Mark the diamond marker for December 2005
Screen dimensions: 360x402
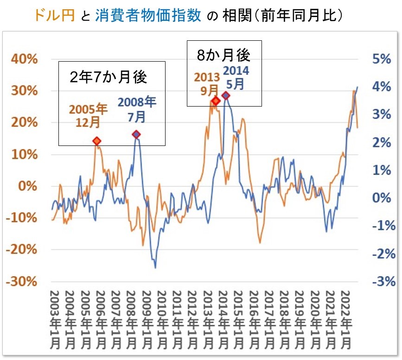tap(96, 141)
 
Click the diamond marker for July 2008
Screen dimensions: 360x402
tap(136, 134)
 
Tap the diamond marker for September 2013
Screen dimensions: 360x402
tap(216, 101)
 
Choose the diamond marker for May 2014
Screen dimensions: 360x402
tap(226, 95)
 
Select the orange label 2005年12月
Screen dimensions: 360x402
tap(88, 116)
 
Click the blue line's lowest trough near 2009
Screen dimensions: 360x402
tap(155, 268)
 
